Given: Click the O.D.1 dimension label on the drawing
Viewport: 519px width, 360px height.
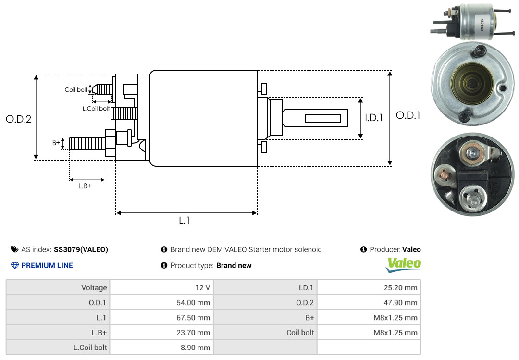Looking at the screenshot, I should point(408,115).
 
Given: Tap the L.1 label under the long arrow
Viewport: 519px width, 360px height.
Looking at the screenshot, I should point(185,221).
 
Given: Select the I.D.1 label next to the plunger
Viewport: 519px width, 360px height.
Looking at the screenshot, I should point(373,117).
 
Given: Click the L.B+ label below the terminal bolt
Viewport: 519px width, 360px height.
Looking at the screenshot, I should point(85,186).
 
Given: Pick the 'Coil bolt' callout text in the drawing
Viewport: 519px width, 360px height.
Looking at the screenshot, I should point(76,90).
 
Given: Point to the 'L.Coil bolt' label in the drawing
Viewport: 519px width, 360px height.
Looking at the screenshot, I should point(96,109).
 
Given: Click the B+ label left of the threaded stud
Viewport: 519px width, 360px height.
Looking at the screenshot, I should point(56,143).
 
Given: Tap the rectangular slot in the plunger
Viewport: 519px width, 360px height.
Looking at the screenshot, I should point(323,118).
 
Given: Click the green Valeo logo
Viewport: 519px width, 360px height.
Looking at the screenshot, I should point(404,264).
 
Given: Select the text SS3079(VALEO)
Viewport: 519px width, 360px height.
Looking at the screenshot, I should point(81,249).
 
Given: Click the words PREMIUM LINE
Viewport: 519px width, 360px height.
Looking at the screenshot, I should point(47,265).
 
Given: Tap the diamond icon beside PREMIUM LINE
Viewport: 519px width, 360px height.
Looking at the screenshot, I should point(15,265).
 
